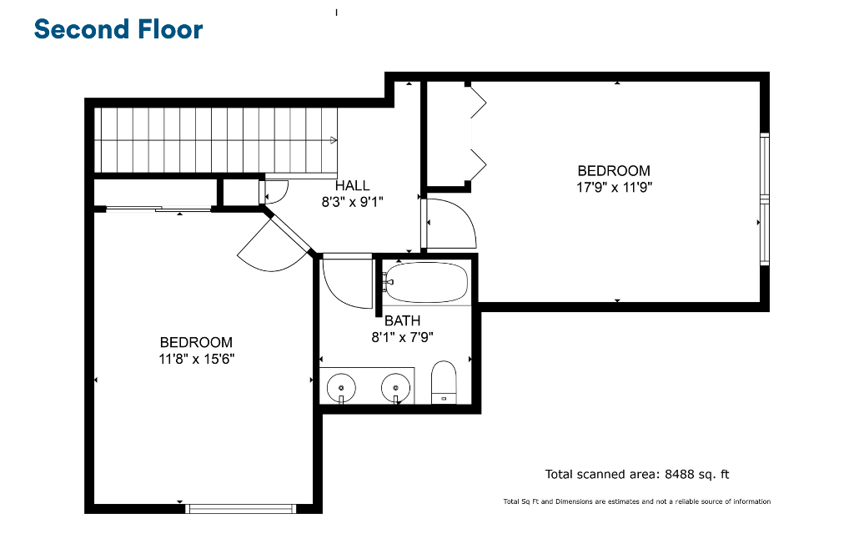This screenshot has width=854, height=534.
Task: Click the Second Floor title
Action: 118,29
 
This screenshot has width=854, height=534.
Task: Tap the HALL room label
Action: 353,185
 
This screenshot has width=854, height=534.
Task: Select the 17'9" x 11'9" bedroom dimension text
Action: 615,188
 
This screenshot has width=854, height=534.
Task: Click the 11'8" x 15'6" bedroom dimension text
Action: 197,359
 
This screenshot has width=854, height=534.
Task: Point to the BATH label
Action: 403,320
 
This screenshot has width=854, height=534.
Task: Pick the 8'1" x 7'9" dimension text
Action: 403,337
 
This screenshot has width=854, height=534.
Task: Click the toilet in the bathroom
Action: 444,382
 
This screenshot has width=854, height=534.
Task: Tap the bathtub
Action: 425,282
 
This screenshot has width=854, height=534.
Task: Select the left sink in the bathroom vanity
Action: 341,389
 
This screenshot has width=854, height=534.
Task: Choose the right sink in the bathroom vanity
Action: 395,389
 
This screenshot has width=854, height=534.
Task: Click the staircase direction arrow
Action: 334,140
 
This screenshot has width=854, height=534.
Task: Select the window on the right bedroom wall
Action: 765,199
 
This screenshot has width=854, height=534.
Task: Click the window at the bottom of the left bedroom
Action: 240,509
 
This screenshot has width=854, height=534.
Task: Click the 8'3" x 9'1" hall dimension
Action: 353,202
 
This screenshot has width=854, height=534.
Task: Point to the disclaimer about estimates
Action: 636,501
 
